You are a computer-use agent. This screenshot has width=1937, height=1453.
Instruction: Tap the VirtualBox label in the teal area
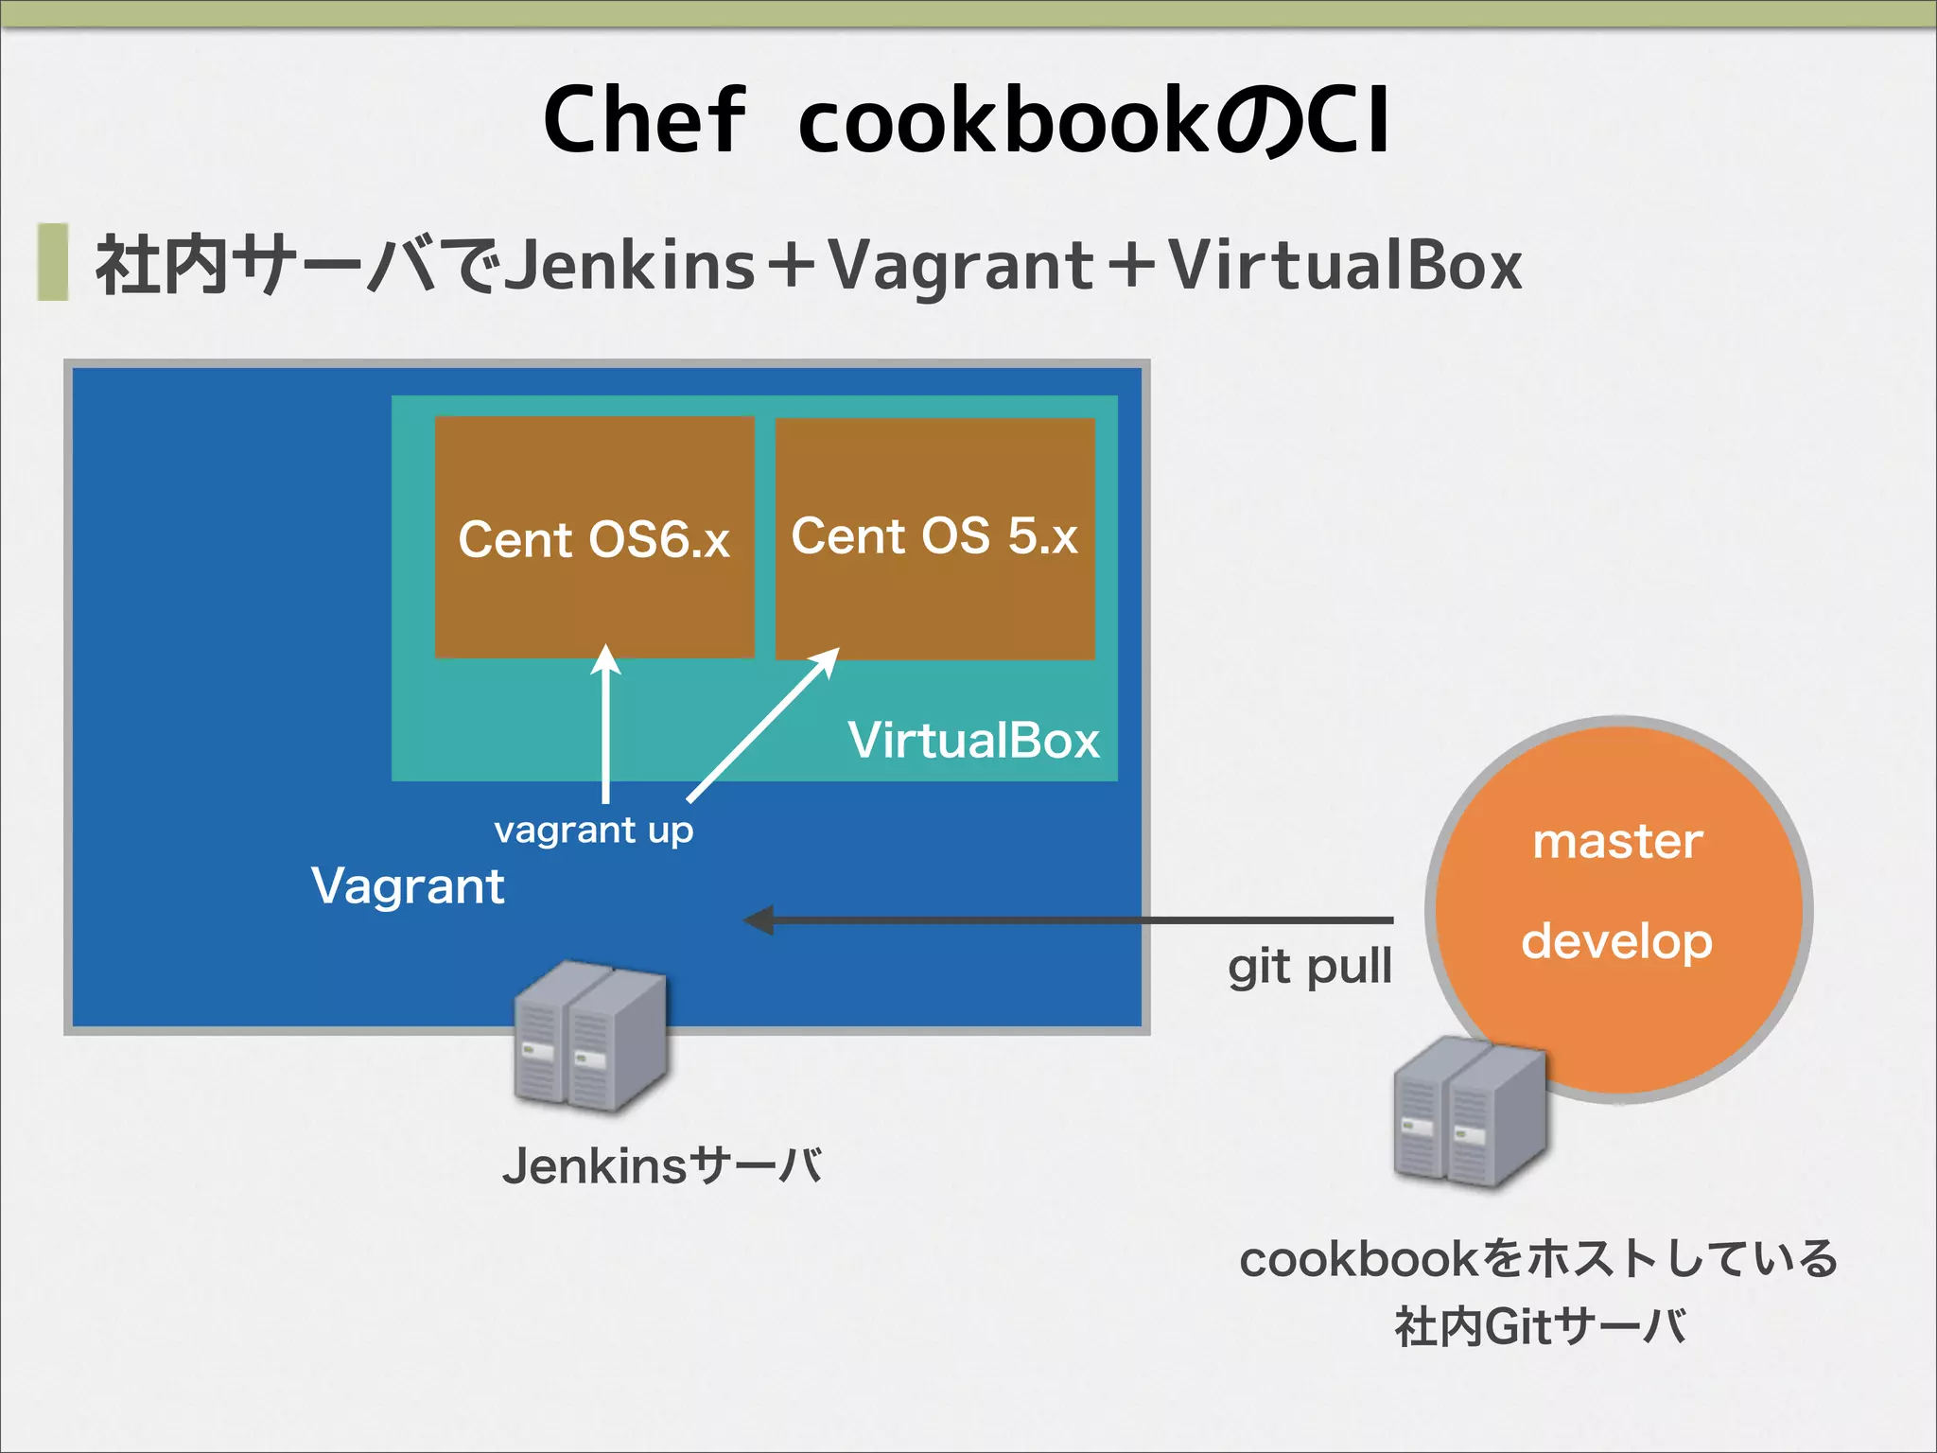[973, 740]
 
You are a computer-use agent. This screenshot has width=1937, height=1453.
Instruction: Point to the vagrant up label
[594, 831]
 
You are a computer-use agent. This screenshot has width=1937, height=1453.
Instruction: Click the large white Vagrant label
[408, 886]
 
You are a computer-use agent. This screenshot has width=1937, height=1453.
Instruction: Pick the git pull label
[1310, 968]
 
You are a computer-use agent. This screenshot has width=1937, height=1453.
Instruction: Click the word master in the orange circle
[1617, 841]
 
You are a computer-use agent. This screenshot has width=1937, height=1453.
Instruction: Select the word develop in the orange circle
[1617, 941]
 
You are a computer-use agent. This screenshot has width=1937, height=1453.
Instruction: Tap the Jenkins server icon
[589, 1036]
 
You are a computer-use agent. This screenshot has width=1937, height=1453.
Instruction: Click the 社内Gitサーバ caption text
[1540, 1326]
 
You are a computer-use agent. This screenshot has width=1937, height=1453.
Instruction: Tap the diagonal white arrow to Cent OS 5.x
[762, 726]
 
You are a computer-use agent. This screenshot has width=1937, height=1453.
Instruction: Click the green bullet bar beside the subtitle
[53, 262]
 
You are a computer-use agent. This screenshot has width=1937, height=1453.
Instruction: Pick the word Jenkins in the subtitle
[629, 265]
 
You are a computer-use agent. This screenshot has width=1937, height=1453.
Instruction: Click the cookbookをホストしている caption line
[1538, 1259]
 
